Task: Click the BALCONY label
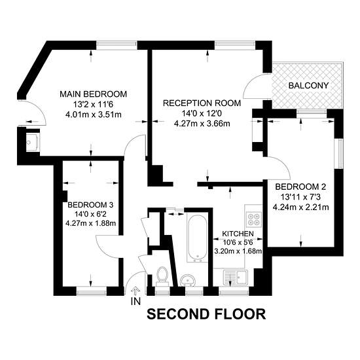pyautogui.click(x=308, y=86)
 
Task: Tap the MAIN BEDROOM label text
pyautogui.click(x=93, y=94)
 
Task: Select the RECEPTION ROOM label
pyautogui.click(x=202, y=103)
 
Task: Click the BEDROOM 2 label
pyautogui.click(x=300, y=187)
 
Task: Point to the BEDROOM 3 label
pyautogui.click(x=90, y=205)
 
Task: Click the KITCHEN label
pyautogui.click(x=238, y=234)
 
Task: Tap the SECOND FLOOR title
pyautogui.click(x=206, y=314)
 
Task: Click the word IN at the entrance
pyautogui.click(x=135, y=301)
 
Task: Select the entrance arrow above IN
pyautogui.click(x=135, y=291)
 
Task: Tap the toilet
pyautogui.click(x=162, y=276)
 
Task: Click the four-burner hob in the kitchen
pyautogui.click(x=254, y=219)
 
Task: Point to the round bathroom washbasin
pyautogui.click(x=188, y=280)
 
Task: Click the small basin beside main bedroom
pyautogui.click(x=31, y=142)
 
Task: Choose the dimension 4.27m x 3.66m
pyautogui.click(x=202, y=124)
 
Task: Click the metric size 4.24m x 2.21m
pyautogui.click(x=300, y=207)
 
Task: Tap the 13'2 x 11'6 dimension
pyautogui.click(x=93, y=105)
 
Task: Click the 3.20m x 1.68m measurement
pyautogui.click(x=238, y=251)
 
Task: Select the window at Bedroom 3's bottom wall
pyautogui.click(x=92, y=292)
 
